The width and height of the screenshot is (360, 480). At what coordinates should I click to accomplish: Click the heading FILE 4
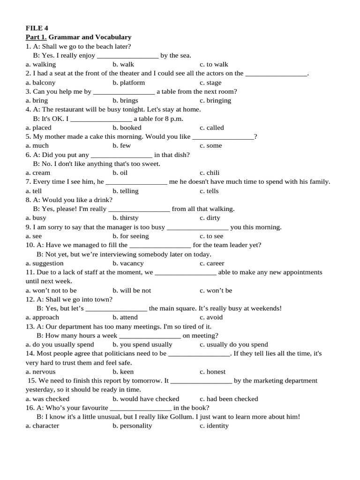tap(37, 28)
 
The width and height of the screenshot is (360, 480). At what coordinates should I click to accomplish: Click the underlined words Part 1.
tap(36, 37)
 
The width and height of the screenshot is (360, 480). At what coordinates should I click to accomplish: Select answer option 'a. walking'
tap(41, 64)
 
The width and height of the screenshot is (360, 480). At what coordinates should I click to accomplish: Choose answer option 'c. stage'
tap(210, 82)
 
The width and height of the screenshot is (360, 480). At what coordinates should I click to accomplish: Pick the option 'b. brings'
tap(125, 100)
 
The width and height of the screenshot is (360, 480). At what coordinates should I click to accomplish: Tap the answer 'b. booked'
tap(127, 127)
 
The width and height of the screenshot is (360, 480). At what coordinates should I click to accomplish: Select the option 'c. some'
tap(210, 145)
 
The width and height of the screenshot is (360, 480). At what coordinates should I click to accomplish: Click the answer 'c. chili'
tap(210, 172)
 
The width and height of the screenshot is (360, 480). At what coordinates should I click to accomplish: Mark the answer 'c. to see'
tap(211, 236)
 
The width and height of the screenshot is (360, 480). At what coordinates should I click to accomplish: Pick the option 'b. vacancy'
tap(128, 263)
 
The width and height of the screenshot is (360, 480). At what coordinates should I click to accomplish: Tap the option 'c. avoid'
tap(211, 317)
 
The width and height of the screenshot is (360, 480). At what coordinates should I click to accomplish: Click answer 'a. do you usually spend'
tap(60, 344)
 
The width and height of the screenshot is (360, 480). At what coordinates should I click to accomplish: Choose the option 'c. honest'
tap(212, 371)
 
